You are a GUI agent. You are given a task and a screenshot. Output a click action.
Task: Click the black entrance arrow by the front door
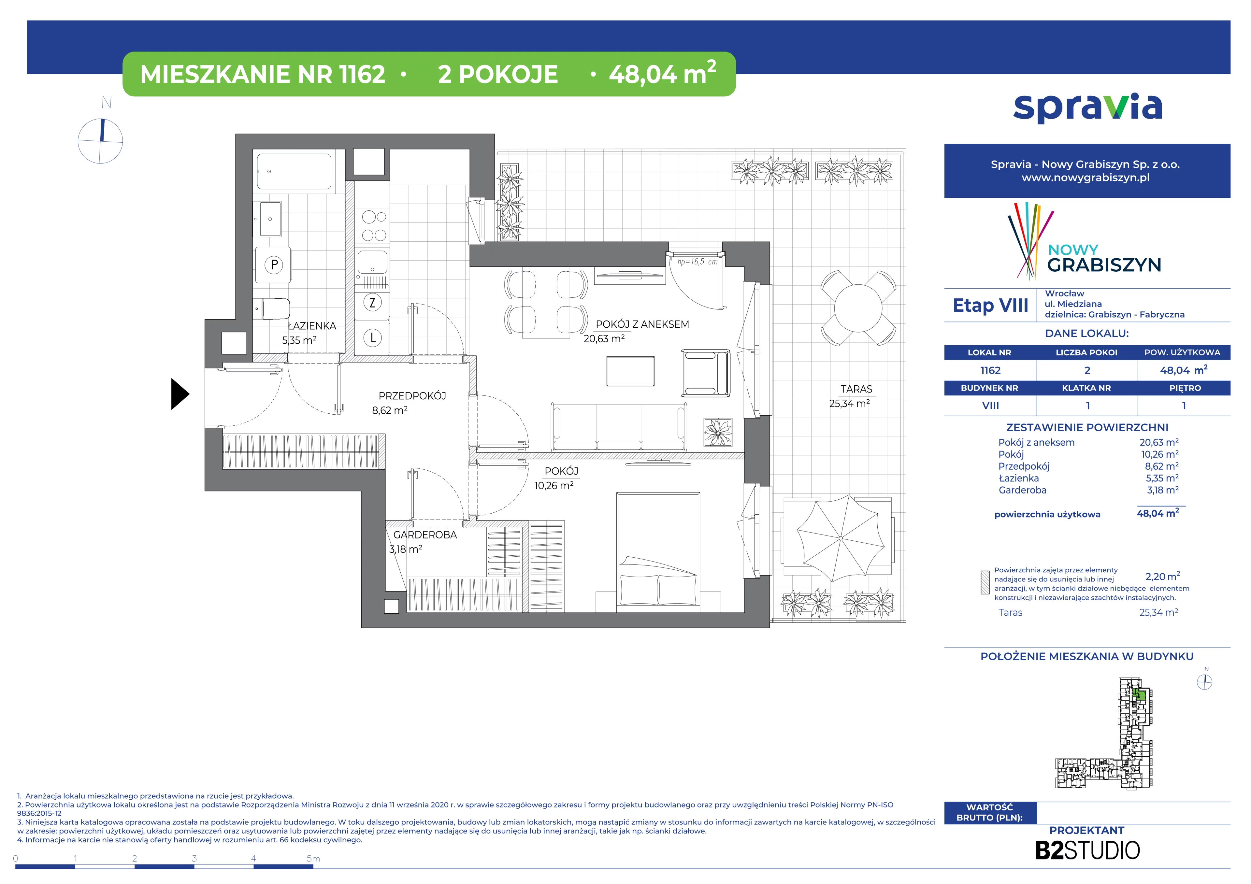tap(180, 394)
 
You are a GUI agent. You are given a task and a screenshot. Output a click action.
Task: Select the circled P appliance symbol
tap(274, 265)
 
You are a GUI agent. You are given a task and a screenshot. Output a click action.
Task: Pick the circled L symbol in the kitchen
tap(373, 338)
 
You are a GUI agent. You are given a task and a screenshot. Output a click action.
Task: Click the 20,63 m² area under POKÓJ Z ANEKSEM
tap(604, 339)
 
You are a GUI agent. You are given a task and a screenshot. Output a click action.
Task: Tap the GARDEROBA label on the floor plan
tap(425, 535)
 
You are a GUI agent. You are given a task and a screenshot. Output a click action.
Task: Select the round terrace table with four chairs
tap(858, 308)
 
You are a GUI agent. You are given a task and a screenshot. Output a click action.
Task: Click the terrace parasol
tap(841, 538)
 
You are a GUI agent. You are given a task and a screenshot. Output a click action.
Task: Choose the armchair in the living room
tap(706, 373)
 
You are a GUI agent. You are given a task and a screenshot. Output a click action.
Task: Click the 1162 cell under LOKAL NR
tap(990, 370)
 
